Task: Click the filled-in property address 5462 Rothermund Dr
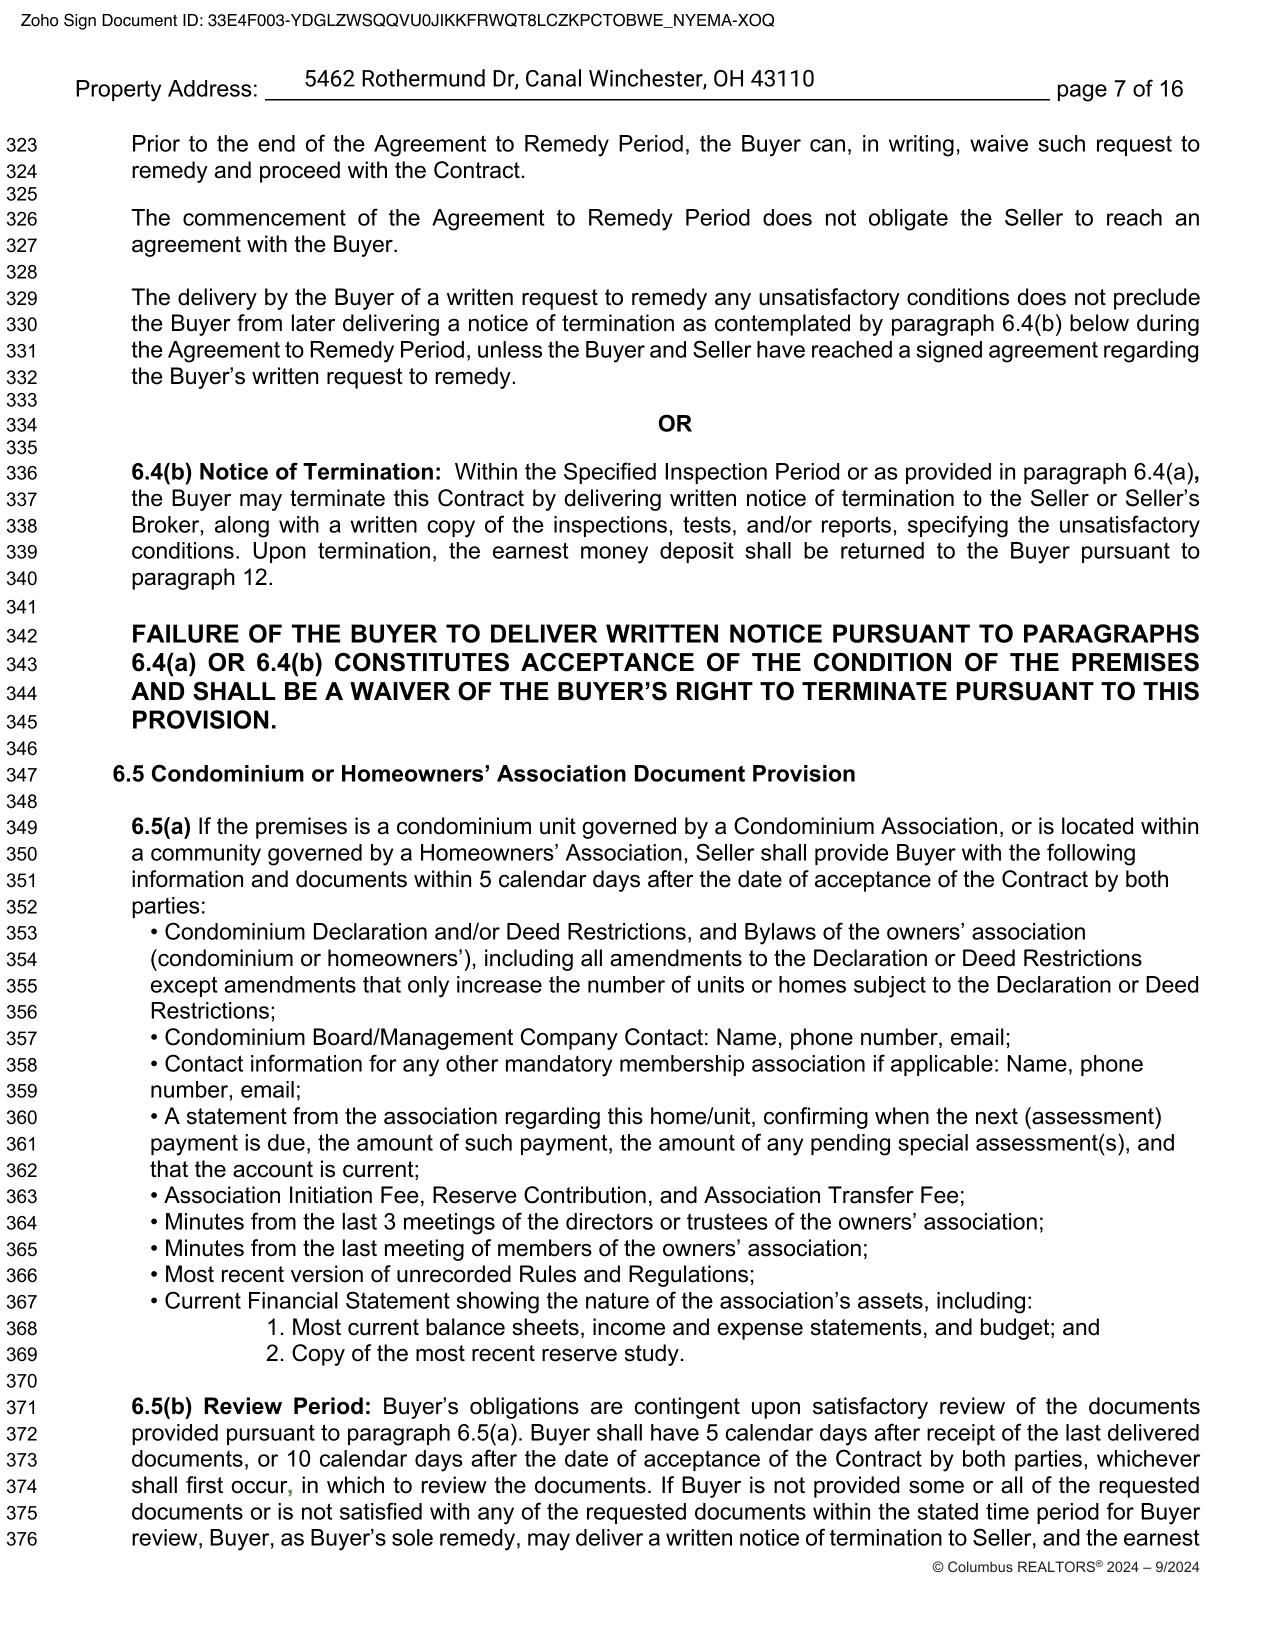click(x=559, y=79)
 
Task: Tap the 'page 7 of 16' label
click(x=1119, y=89)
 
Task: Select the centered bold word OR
click(x=675, y=424)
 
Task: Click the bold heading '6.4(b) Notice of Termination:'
click(x=286, y=472)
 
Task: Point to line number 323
click(x=22, y=145)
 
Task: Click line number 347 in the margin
click(x=22, y=775)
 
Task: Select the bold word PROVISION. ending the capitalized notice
click(x=204, y=720)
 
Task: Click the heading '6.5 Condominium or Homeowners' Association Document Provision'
click(x=484, y=774)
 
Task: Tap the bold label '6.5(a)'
click(x=161, y=827)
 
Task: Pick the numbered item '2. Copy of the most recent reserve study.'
click(x=475, y=1354)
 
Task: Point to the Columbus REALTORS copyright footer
click(x=1065, y=1567)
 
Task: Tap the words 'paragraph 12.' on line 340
click(x=202, y=578)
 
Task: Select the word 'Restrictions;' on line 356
click(x=212, y=1011)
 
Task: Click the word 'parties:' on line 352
click(x=168, y=906)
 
